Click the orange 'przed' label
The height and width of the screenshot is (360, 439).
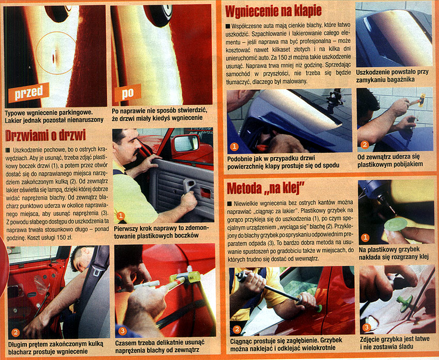(28, 92)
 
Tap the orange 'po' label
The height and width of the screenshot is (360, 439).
(128, 93)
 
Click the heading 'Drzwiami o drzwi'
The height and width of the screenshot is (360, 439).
(45, 135)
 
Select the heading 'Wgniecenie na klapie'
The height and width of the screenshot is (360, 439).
(273, 11)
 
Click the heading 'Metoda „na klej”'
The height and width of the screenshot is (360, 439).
(265, 188)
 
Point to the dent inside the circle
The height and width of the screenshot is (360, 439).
(53, 58)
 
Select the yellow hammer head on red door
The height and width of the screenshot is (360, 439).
(193, 277)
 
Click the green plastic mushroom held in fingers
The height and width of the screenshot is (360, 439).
(396, 224)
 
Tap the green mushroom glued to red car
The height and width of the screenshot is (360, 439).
(319, 308)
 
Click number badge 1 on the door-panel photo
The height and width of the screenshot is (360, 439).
(121, 216)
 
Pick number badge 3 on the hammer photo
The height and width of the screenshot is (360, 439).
(122, 331)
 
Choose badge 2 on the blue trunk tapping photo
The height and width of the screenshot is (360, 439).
(364, 145)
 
